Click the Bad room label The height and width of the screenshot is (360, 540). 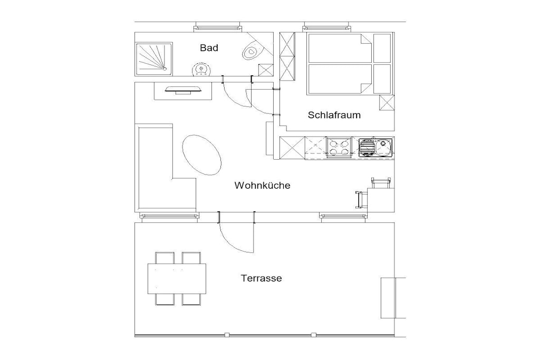click(209, 48)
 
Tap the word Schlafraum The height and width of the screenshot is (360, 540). click(334, 115)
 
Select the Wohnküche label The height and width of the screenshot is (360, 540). click(263, 186)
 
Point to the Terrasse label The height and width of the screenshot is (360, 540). click(262, 278)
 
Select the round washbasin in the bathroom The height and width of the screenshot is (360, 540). click(201, 69)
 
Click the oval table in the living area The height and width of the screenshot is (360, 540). click(201, 155)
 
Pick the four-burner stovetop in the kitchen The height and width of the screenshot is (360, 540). click(339, 147)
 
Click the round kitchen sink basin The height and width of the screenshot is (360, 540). click(383, 147)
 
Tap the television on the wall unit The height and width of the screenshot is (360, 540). click(183, 90)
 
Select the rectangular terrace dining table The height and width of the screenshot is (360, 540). click(177, 279)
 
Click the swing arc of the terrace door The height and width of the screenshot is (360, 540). click(233, 242)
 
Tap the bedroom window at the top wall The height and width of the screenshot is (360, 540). click(326, 27)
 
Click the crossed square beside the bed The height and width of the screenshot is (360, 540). click(387, 103)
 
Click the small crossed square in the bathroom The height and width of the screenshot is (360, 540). click(266, 70)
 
